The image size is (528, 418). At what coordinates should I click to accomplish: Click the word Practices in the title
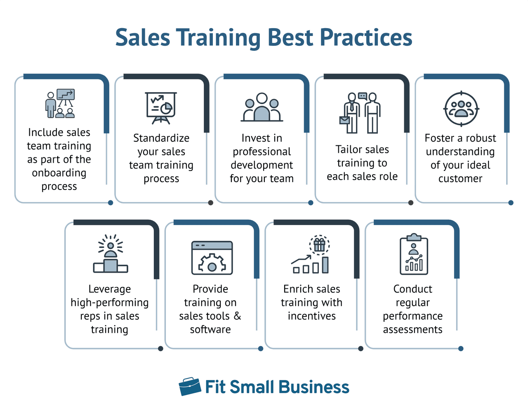(366, 37)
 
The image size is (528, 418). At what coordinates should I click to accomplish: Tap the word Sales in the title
(143, 37)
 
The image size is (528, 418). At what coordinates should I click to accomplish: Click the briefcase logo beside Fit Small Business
(190, 386)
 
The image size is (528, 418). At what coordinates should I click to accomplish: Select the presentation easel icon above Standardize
(161, 108)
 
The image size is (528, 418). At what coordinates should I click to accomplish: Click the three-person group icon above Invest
(262, 107)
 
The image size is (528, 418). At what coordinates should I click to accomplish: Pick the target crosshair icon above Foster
(461, 109)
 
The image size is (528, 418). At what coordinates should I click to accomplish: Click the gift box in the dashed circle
(319, 245)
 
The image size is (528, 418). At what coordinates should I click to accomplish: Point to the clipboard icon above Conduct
(414, 254)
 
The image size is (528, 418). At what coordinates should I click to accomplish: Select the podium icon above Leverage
(111, 253)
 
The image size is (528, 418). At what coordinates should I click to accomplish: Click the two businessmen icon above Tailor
(360, 113)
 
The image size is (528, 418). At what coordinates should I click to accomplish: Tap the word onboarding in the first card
(59, 173)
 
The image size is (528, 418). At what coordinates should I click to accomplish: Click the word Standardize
(161, 138)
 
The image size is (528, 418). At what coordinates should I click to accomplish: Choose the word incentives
(311, 316)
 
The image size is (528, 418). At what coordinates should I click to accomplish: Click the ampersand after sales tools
(237, 316)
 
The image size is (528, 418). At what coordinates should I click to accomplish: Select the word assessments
(412, 330)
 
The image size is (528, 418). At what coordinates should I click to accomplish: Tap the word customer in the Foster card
(460, 179)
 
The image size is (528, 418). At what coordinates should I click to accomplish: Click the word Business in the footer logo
(314, 387)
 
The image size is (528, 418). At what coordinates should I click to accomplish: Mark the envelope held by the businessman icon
(344, 121)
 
